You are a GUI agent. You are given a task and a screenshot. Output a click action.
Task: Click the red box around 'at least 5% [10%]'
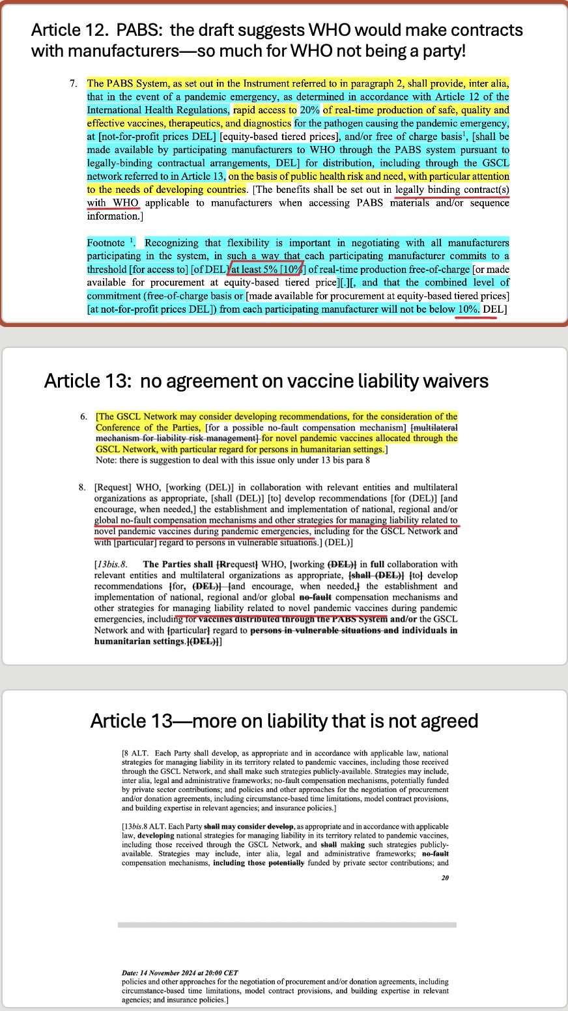click(266, 269)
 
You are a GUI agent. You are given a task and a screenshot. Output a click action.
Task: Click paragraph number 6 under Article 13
click(84, 416)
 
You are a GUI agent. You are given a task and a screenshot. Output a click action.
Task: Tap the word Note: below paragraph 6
click(106, 460)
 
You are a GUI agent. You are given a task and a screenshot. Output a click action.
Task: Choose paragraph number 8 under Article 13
click(84, 487)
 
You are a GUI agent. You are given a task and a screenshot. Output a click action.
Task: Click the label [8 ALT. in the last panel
click(135, 754)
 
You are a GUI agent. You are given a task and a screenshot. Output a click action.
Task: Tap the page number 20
click(445, 878)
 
